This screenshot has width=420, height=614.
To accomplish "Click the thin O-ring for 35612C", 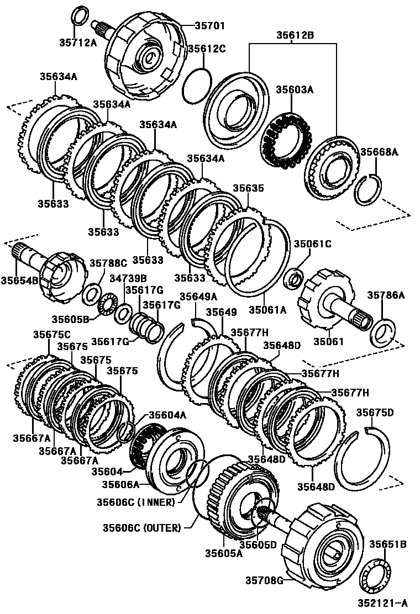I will [196, 86].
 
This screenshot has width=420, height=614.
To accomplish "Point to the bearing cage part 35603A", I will [286, 140].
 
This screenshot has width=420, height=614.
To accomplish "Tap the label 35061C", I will [312, 244].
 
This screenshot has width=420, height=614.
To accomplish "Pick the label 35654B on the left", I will [19, 280].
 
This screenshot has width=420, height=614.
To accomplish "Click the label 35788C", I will [108, 263].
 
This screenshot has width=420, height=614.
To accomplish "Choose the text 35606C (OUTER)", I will [141, 528].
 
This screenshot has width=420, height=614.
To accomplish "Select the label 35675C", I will [51, 334].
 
